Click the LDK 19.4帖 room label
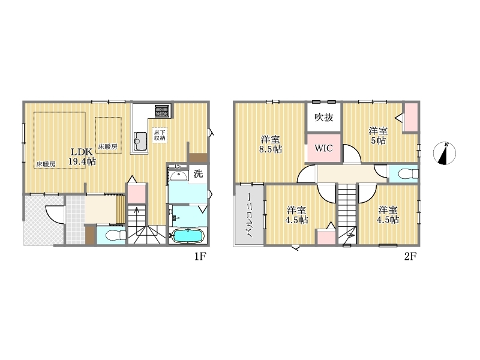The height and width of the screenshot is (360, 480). click(x=82, y=157)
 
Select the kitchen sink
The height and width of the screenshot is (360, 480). click(x=140, y=141)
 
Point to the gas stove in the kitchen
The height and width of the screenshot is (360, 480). click(x=162, y=110)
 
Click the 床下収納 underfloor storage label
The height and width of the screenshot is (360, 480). click(x=160, y=135)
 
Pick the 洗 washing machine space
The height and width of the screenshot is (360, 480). click(x=198, y=174)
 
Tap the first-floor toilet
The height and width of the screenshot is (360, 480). click(x=115, y=235)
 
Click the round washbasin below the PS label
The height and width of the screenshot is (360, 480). click(x=179, y=176)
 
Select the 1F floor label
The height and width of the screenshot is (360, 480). click(x=200, y=256)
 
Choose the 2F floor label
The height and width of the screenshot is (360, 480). click(x=410, y=256)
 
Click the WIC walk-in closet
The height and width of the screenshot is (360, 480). click(x=324, y=148)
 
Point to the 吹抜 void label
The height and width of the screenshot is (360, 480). click(x=323, y=117)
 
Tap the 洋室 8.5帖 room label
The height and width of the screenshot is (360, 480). click(x=271, y=144)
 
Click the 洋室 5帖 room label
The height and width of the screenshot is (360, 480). click(x=378, y=136)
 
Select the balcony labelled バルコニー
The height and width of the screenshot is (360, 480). click(x=249, y=215)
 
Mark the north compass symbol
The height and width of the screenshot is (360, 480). click(x=445, y=153)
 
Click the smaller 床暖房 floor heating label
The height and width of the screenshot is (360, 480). click(x=107, y=146)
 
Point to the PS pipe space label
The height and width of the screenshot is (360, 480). click(x=178, y=167)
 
